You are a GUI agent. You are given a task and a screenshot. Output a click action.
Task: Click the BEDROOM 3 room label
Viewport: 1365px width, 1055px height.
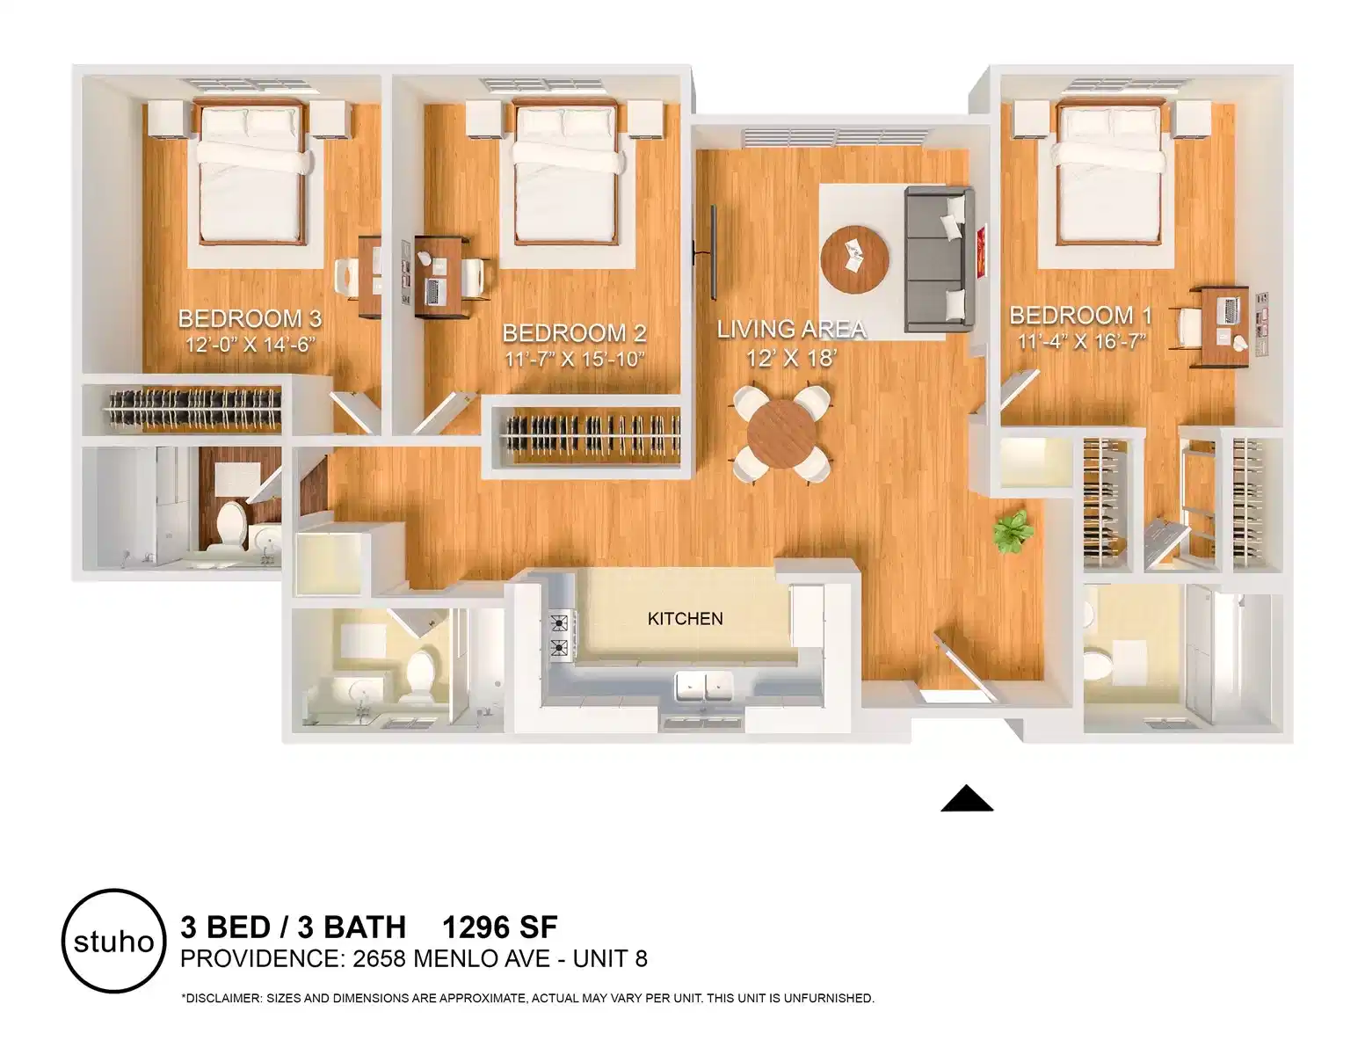(250, 318)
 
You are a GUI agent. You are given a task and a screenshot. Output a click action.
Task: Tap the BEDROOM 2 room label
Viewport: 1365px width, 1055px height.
(574, 333)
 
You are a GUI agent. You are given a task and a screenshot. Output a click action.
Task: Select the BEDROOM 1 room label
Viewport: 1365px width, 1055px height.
(1081, 315)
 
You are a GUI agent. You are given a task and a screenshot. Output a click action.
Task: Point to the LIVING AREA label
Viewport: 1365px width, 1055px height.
(791, 330)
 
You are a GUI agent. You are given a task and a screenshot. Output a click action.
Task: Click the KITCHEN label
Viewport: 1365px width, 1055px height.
(685, 619)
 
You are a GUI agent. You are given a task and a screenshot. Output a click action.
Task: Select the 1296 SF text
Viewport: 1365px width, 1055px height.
(499, 927)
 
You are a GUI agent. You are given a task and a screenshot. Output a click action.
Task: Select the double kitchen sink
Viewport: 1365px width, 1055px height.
(704, 687)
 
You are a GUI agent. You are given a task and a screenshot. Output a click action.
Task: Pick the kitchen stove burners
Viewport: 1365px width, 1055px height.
(559, 637)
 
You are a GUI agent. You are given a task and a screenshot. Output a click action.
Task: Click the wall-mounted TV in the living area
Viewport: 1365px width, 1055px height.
(713, 251)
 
